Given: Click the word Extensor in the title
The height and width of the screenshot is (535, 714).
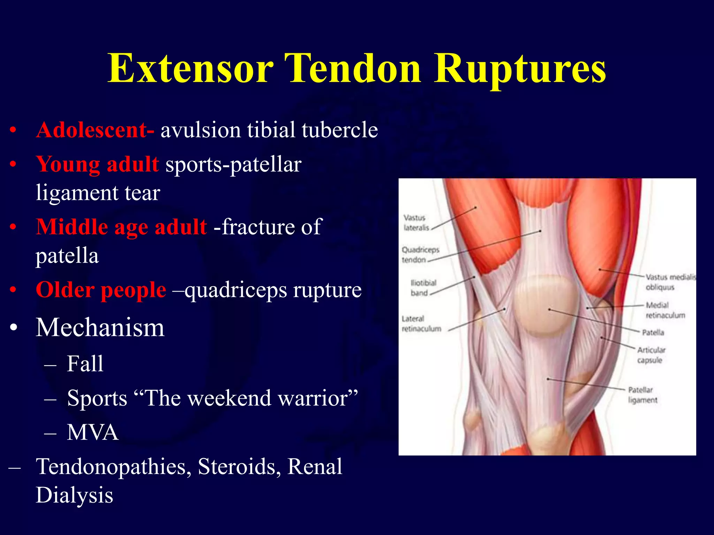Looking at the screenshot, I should click(190, 68).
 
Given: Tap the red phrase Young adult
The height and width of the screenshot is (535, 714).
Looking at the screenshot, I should click(98, 164).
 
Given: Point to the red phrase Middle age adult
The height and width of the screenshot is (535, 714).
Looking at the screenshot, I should click(121, 227).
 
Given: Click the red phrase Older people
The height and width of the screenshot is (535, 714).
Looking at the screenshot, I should click(101, 289).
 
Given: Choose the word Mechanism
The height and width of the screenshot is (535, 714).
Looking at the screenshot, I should click(100, 327).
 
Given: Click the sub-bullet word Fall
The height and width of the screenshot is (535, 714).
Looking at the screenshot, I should click(85, 364).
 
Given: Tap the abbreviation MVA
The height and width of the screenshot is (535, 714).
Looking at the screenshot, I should click(92, 432).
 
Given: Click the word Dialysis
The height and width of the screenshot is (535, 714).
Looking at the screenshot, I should click(75, 495).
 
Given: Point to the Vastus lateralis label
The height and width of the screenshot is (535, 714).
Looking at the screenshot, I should click(416, 223).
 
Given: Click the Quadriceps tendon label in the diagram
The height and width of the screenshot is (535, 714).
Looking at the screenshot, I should click(420, 255).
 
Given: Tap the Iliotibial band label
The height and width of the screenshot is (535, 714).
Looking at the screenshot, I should click(423, 288).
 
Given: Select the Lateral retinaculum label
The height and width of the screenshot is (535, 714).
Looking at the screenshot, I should click(421, 324).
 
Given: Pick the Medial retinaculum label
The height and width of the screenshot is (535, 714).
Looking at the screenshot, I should click(664, 310).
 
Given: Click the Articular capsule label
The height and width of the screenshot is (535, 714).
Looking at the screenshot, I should click(651, 355).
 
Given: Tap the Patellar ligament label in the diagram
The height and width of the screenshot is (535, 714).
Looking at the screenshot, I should click(642, 395).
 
